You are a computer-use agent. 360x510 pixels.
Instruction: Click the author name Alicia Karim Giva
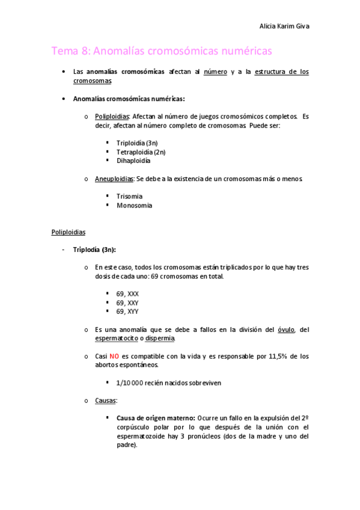coord(284,26)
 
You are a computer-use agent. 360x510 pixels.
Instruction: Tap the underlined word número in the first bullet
coord(216,72)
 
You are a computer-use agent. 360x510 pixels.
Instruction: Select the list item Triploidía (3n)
coord(137,143)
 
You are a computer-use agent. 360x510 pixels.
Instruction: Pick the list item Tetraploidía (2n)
coord(141,152)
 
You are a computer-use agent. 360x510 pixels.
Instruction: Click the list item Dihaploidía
coord(133,161)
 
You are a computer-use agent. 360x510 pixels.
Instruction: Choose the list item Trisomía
coord(129,196)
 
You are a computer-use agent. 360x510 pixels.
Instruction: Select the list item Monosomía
coord(134,205)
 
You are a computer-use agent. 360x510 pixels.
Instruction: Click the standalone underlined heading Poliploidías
coord(69,231)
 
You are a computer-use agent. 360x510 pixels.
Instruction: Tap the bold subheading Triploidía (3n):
coord(94,249)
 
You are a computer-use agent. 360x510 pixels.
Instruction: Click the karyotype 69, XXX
coord(127,293)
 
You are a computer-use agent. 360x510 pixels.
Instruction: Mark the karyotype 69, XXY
coord(127,303)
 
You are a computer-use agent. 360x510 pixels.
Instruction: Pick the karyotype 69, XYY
coord(127,312)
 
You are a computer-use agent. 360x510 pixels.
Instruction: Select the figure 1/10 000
coord(129,382)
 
